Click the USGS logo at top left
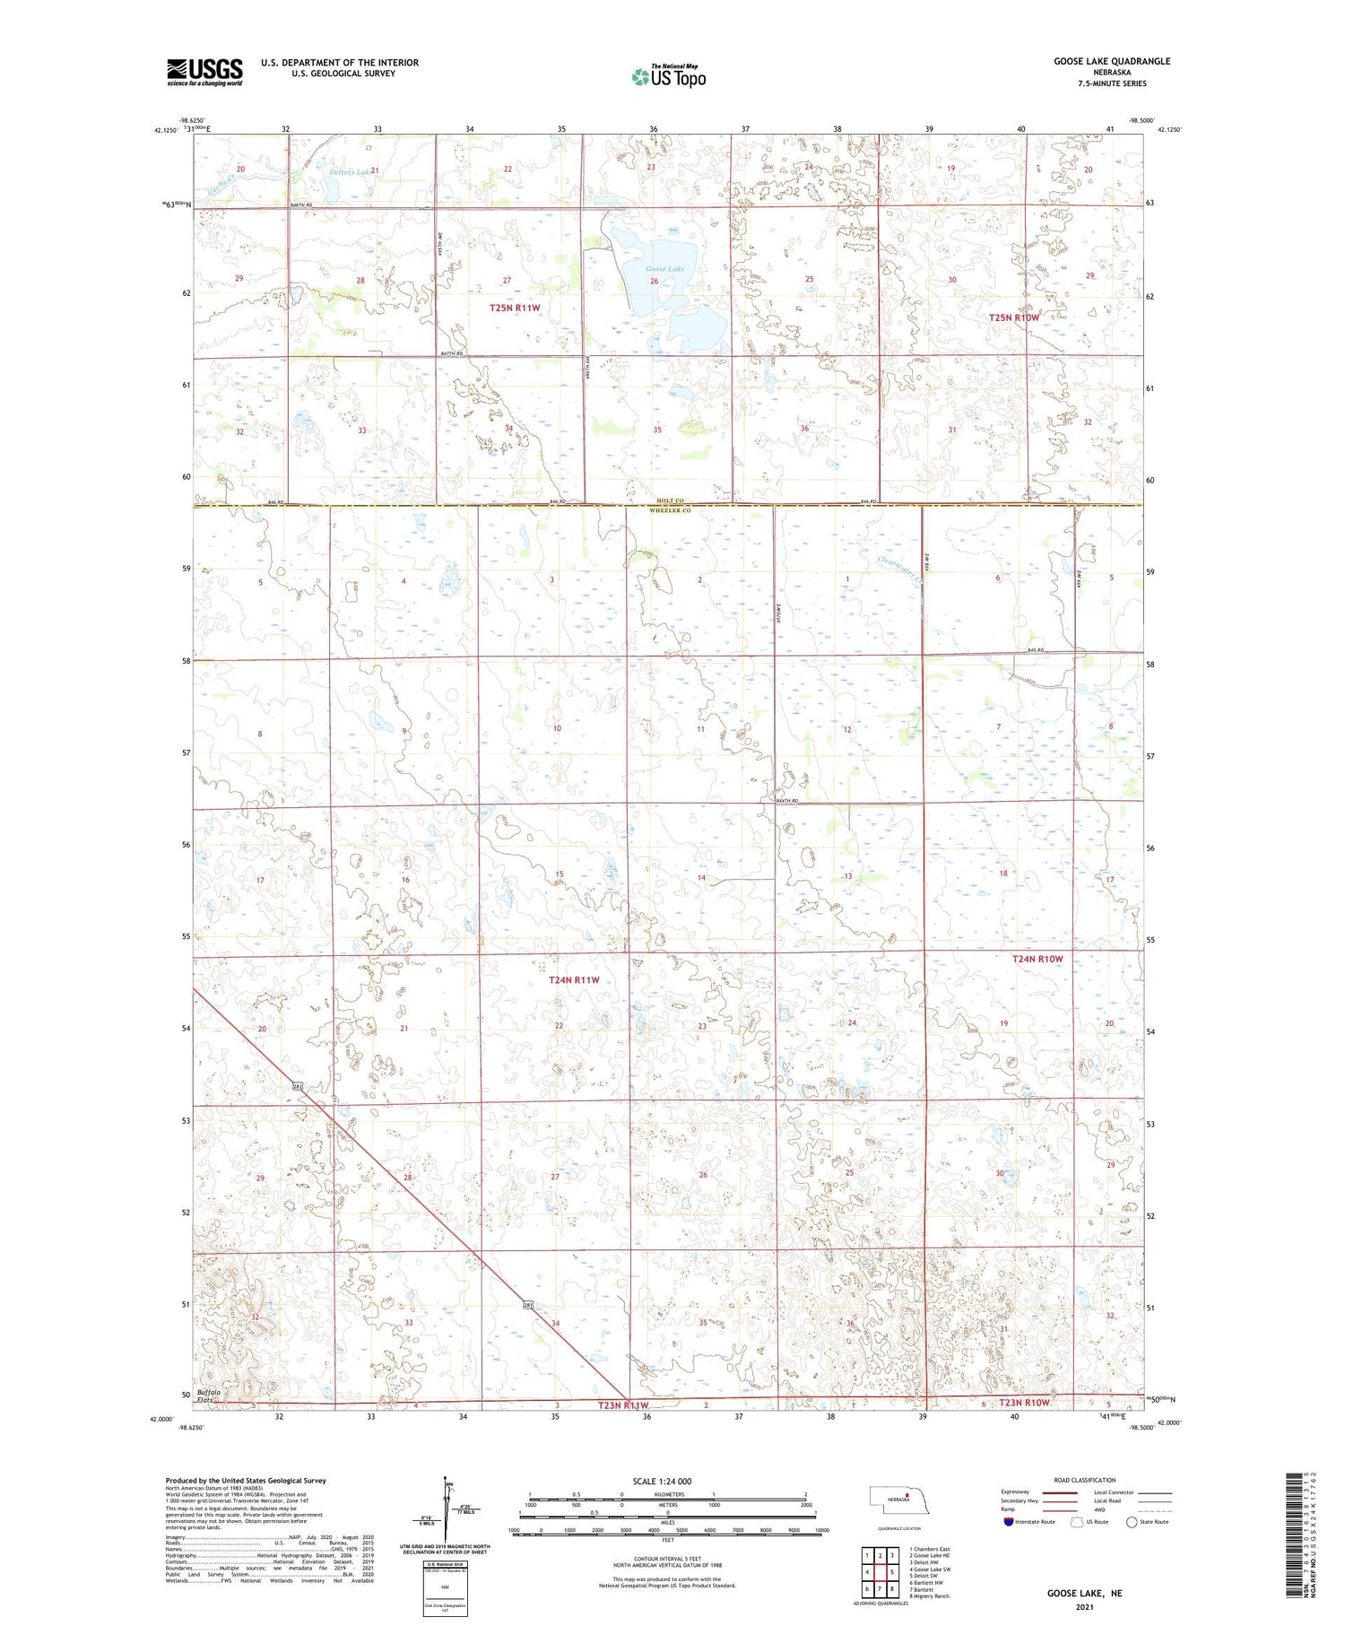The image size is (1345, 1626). click(204, 72)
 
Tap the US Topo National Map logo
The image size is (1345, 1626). click(668, 76)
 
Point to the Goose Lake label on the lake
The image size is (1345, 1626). click(664, 269)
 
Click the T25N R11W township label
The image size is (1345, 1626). click(516, 308)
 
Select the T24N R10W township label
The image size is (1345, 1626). click(1037, 959)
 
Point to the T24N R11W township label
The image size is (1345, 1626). click(573, 980)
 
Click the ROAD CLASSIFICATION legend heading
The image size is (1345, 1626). click(1085, 1480)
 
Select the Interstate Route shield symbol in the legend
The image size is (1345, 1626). click(1009, 1522)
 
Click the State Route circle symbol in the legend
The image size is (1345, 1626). click(1132, 1522)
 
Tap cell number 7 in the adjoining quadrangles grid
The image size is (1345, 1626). click(880, 1588)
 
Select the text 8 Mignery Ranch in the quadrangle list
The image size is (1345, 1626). click(932, 1596)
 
